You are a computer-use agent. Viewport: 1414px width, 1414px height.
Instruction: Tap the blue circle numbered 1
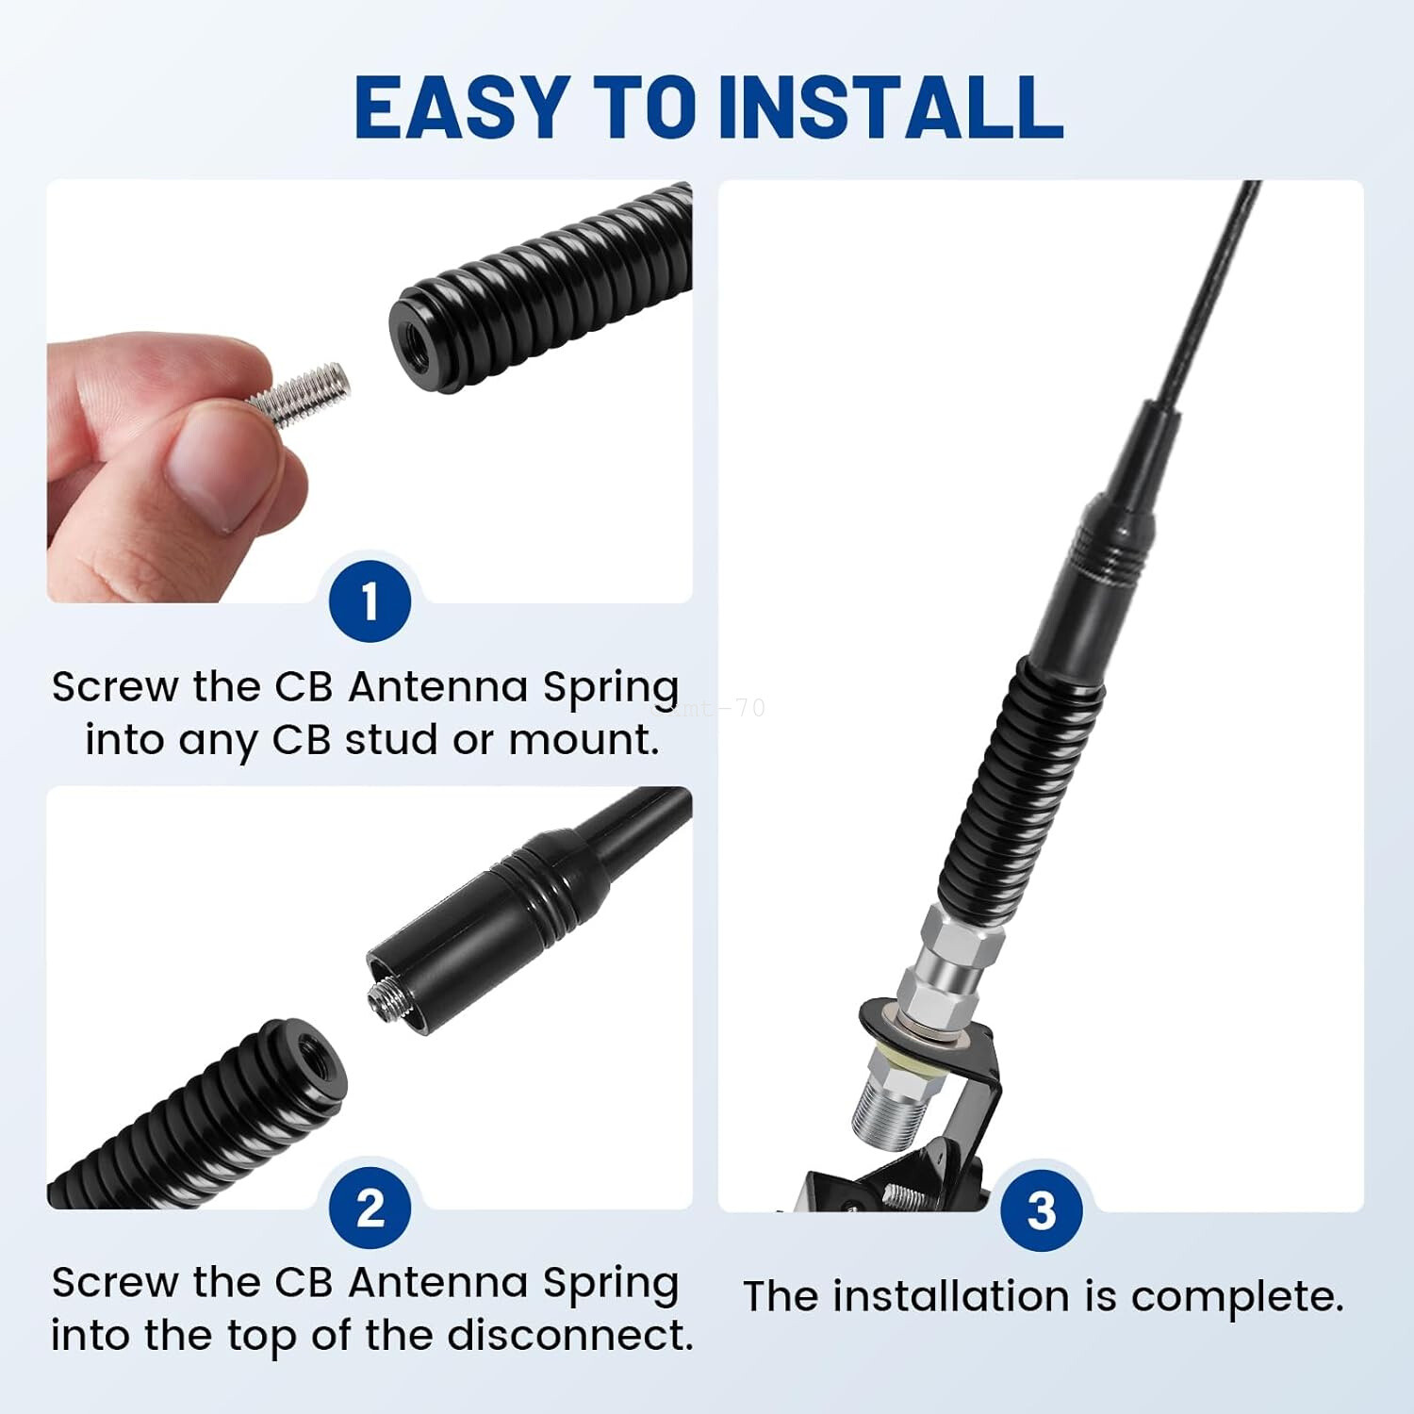click(370, 600)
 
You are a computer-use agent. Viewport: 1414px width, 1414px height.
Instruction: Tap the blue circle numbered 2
click(370, 1208)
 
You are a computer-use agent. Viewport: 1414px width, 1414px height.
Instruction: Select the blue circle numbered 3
click(1041, 1210)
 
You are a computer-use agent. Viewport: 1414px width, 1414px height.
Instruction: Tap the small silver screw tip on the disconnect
click(382, 991)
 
